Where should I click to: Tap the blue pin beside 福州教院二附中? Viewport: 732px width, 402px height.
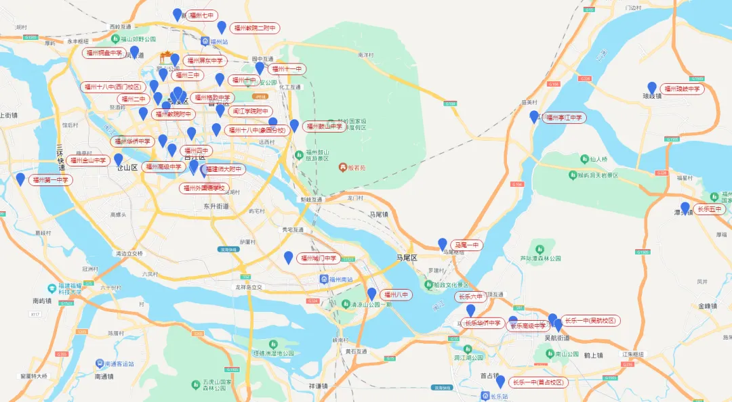pos(222,28)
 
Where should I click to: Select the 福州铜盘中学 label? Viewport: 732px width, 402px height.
pos(104,52)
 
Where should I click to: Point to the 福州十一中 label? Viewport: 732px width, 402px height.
pos(287,69)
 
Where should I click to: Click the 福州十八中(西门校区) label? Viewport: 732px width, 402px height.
pos(113,87)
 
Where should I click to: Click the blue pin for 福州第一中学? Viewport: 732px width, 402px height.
pos(20,179)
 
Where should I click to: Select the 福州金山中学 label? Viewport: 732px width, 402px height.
pos(89,160)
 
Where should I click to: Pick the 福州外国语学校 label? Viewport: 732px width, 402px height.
pos(205,188)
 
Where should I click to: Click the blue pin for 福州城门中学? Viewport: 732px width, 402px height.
pos(289,257)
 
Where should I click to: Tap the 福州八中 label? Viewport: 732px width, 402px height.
pos(396,294)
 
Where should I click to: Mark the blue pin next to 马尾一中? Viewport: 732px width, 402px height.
pos(443,244)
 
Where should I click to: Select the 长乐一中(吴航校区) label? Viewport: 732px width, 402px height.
pos(590,320)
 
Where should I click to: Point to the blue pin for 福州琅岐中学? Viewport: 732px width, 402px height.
pos(652,88)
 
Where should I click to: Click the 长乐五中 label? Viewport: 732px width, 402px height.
pos(710,209)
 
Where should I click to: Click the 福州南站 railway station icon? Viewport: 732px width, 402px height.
pos(323,279)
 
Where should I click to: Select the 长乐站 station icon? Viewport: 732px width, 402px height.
pos(485,396)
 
